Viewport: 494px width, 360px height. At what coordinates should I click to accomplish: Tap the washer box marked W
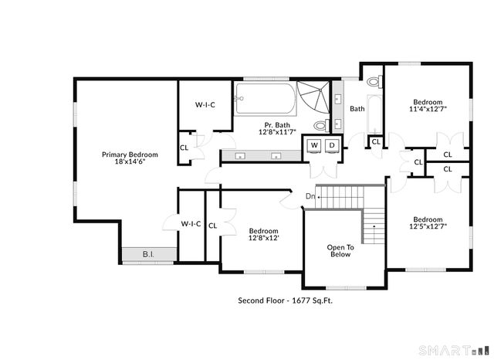pos(315,145)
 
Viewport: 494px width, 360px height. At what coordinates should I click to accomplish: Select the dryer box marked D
pos(332,145)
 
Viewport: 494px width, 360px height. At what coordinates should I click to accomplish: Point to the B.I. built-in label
pos(148,254)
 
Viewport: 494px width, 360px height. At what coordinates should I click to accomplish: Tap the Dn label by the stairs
pos(310,196)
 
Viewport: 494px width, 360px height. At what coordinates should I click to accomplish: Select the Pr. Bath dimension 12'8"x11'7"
pos(277,132)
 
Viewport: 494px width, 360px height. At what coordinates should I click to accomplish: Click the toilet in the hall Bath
pos(374,81)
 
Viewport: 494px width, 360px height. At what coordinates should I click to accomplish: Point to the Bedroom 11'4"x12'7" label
pos(428,106)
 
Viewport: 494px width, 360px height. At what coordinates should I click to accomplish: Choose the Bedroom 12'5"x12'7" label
pos(428,222)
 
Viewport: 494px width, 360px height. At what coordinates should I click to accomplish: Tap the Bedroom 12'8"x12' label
pos(263,235)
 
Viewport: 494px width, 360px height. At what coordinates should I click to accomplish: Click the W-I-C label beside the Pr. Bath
pos(205,104)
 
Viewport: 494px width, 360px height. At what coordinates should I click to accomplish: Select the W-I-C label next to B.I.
pos(191,224)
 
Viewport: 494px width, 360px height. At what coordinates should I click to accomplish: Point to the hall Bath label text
pos(357,109)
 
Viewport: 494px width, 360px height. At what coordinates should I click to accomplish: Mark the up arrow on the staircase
pos(374,230)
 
